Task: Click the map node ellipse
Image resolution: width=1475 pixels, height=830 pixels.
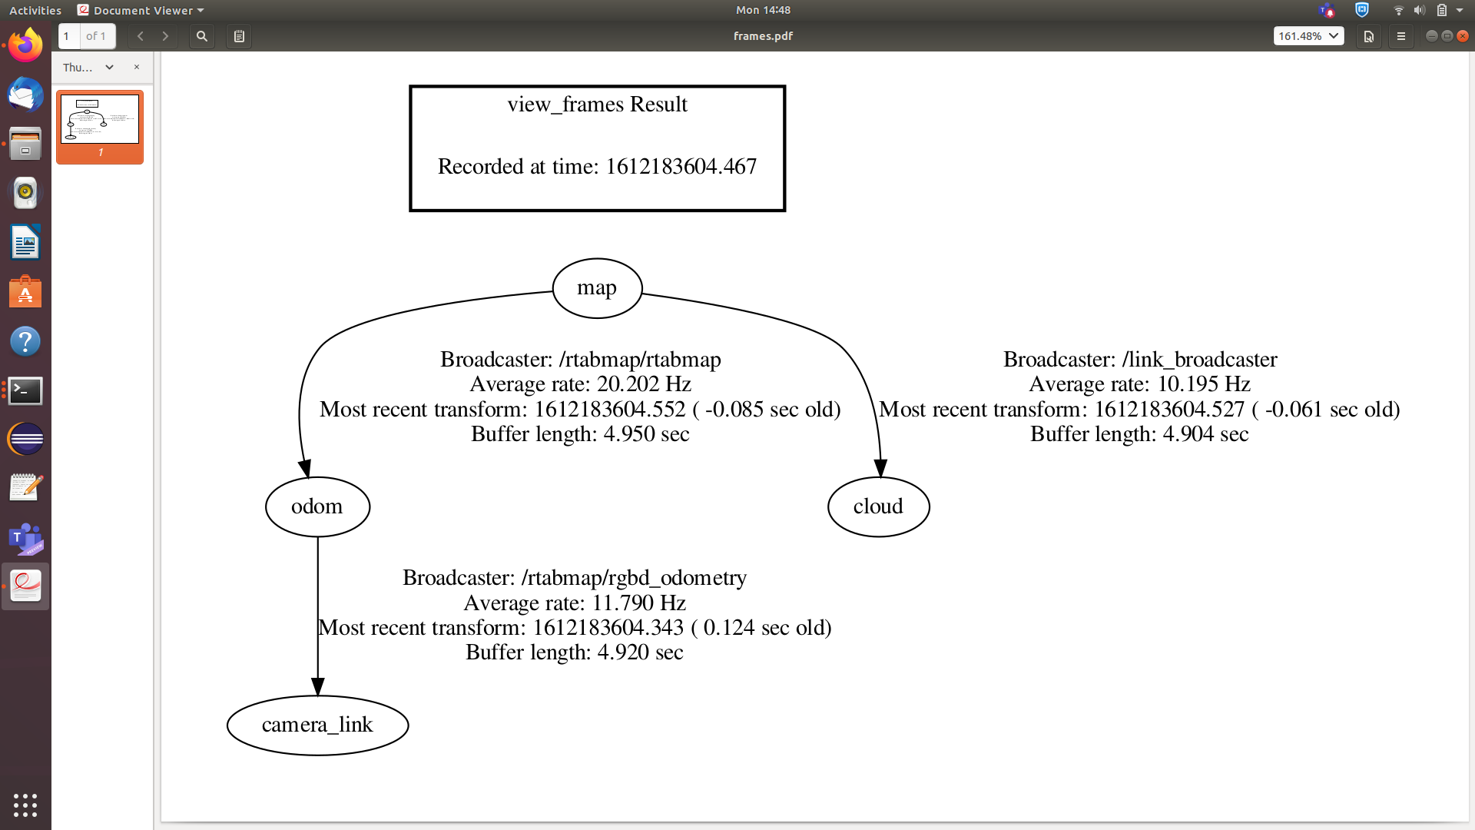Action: [597, 288]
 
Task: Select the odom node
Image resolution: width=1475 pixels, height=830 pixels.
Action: [317, 507]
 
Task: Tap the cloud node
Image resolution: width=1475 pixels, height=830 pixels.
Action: [878, 507]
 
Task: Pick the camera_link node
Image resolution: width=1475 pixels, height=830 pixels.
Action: [317, 725]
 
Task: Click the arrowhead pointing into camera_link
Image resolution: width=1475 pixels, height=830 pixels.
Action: [317, 686]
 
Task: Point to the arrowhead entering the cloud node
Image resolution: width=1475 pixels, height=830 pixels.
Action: [880, 468]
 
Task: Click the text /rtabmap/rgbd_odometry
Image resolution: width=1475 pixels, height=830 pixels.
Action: [634, 578]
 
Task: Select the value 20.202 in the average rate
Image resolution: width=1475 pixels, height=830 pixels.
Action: [628, 384]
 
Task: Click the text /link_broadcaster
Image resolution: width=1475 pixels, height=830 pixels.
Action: [1199, 360]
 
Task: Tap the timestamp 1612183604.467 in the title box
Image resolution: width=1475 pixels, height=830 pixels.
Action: [681, 167]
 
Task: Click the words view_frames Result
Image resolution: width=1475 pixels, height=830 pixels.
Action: [597, 105]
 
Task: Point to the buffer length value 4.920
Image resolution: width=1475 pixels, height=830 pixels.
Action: [623, 652]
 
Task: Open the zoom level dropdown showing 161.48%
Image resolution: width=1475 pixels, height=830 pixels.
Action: [1308, 36]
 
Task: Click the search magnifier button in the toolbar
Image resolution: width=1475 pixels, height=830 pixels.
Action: [201, 36]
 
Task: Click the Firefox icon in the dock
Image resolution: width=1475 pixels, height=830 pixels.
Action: [25, 46]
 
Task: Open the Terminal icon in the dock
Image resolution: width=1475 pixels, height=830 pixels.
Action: [25, 391]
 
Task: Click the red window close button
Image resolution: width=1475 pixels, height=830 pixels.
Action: [1463, 36]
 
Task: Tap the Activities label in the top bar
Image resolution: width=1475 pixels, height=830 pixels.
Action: [35, 11]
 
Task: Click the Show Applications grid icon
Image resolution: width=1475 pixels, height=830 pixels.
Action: [25, 805]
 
